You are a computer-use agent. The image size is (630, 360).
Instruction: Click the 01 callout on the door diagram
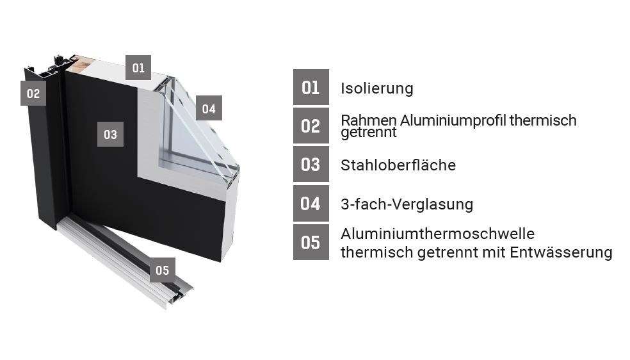coord(138,67)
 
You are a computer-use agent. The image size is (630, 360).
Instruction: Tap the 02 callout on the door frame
coord(33,94)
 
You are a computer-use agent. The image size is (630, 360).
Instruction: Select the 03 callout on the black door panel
coord(110,134)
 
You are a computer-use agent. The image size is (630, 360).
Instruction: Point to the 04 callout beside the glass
coord(209,108)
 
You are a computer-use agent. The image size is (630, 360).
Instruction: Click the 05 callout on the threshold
coord(163,270)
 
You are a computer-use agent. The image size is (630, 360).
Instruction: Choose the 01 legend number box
coord(311,87)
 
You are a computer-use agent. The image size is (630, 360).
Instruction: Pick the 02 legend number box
coord(311,126)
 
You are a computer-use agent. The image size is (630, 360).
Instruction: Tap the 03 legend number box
coord(311,165)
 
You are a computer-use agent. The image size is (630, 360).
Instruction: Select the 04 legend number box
coord(311,203)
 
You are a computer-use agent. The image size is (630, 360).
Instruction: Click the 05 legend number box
coord(311,242)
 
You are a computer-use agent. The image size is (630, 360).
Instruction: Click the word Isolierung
coord(377,88)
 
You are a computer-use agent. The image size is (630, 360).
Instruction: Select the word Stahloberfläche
coord(398,165)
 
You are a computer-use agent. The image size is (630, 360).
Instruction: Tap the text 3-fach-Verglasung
coord(407,204)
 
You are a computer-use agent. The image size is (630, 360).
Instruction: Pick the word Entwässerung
coord(561,252)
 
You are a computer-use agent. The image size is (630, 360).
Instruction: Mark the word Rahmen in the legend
coord(369,120)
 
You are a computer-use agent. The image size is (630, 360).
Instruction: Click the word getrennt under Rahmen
coord(368,133)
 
